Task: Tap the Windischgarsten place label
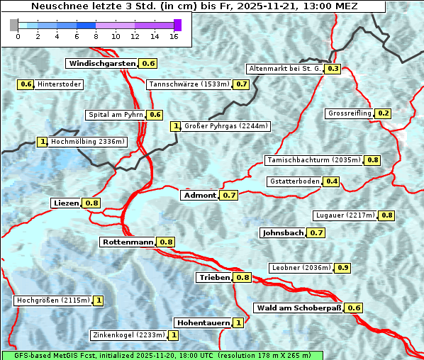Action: pyautogui.click(x=101, y=64)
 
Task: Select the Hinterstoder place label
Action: pyautogui.click(x=60, y=84)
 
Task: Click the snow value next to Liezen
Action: pyautogui.click(x=91, y=203)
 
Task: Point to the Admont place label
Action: pyautogui.click(x=199, y=195)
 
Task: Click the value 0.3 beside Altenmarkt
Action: pyautogui.click(x=333, y=69)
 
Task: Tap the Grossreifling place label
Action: pyautogui.click(x=350, y=113)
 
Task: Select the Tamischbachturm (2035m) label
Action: pyautogui.click(x=313, y=160)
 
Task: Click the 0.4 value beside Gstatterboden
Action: pyautogui.click(x=331, y=181)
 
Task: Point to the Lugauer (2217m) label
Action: pyautogui.click(x=343, y=215)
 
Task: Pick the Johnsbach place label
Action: pyautogui.click(x=283, y=232)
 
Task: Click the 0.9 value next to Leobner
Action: pyautogui.click(x=342, y=268)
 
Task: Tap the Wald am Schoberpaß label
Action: pyautogui.click(x=298, y=308)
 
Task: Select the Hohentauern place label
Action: pyautogui.click(x=203, y=323)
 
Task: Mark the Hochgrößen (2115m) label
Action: pyautogui.click(x=53, y=300)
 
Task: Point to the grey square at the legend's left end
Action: pyautogui.click(x=14, y=25)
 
